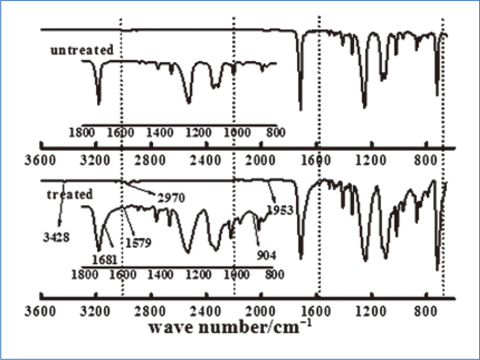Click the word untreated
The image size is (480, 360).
click(x=82, y=51)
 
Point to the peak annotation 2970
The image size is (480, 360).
click(x=171, y=198)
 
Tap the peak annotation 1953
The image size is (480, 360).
click(x=280, y=210)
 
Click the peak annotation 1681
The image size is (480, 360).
click(x=104, y=260)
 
